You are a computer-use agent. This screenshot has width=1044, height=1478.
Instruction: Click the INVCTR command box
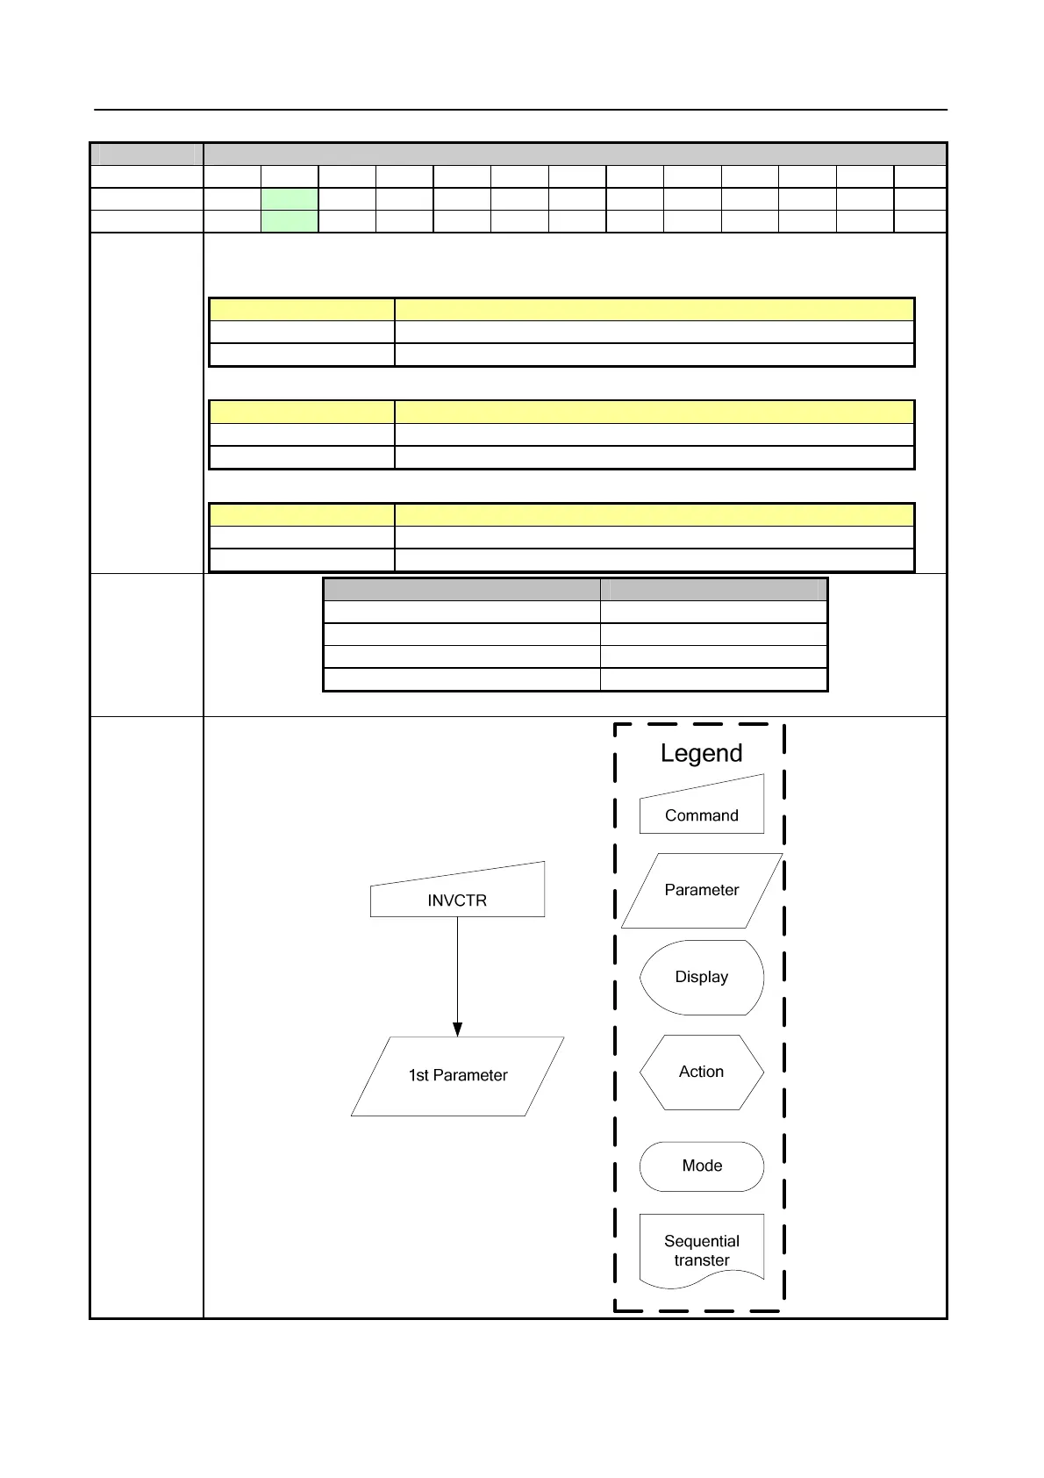pos(457,895)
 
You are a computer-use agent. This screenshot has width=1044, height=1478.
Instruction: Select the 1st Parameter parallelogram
pos(457,1076)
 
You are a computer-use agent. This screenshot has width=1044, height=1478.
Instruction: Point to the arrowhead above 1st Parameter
pos(457,1029)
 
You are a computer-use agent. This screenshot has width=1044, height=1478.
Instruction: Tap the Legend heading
pos(701,753)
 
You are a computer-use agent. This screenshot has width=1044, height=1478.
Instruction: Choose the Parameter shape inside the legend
pos(701,890)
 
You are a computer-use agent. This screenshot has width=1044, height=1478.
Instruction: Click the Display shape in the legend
pos(701,977)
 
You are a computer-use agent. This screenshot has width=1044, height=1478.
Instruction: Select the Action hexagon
pos(701,1072)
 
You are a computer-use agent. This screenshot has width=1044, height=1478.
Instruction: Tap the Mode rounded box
pos(701,1166)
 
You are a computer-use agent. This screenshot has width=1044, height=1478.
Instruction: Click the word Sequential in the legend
pos(701,1241)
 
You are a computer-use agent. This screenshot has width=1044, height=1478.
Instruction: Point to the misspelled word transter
pos(701,1260)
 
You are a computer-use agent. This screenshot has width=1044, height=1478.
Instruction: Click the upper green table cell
pos(290,198)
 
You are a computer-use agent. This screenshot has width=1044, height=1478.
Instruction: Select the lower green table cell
pos(290,221)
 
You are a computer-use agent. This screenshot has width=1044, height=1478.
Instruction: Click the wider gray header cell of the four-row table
pos(461,589)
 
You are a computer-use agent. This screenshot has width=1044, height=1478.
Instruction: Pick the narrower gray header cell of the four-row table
pos(713,589)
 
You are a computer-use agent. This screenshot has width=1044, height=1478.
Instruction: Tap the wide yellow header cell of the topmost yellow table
pos(654,309)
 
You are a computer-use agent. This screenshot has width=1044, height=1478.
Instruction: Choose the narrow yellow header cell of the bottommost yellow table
pos(302,514)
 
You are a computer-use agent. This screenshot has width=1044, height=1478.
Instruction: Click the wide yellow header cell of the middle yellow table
pos(654,412)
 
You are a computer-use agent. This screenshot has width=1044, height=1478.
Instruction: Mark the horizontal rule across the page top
pos(521,110)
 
